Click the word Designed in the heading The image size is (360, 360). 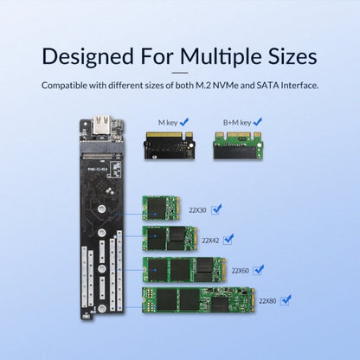coord(87,56)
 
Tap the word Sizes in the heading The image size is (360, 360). coord(292,56)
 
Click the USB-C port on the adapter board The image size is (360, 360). coord(101,125)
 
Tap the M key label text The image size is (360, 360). coord(168,123)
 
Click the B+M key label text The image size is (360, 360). coord(237,123)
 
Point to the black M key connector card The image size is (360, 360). coord(169,145)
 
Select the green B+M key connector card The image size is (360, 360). coord(238,145)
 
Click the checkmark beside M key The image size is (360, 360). coord(184,122)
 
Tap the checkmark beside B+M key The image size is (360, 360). coord(258,122)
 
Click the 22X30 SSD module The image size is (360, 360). coord(161,208)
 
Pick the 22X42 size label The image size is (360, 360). coord(210,241)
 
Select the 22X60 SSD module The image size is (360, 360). coord(184,270)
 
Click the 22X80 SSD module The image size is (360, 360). coord(199,300)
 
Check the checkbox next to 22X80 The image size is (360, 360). coord(286,300)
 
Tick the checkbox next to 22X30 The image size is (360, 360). coord(216,209)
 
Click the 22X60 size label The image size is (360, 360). coord(240,271)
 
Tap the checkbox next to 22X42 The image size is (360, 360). coord(228,239)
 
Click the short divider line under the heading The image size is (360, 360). coord(180,73)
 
